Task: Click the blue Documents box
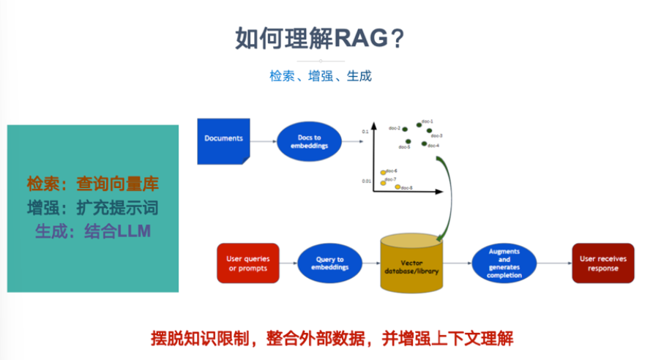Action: click(x=223, y=140)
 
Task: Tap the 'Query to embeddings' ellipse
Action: click(x=329, y=263)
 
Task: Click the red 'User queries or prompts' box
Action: click(x=248, y=263)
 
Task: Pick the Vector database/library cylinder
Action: click(x=411, y=267)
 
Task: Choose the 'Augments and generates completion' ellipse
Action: click(x=504, y=263)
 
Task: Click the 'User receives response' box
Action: click(x=602, y=263)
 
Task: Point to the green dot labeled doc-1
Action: click(x=419, y=125)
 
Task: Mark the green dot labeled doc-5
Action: click(x=408, y=141)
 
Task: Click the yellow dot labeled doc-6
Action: click(x=383, y=173)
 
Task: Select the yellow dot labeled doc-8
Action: click(x=398, y=187)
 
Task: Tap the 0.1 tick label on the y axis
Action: click(x=365, y=132)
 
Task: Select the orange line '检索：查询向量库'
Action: click(x=92, y=184)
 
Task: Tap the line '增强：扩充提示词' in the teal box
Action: click(x=92, y=208)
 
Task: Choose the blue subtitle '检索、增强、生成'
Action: click(x=321, y=76)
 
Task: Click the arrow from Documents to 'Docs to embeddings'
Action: click(x=263, y=140)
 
